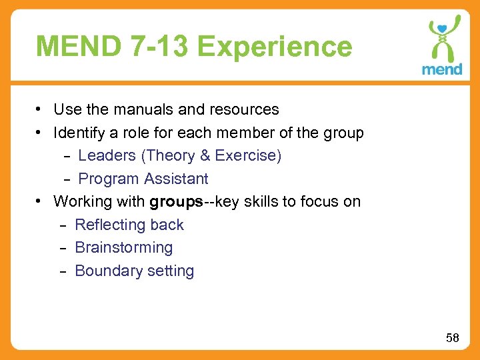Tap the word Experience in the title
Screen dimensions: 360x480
click(x=275, y=47)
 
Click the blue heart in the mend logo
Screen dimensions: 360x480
click(x=441, y=29)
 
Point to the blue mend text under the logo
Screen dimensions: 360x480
click(x=441, y=69)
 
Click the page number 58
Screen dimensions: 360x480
click(x=453, y=338)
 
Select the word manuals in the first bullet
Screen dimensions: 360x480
click(x=137, y=109)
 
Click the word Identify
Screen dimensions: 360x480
click(x=77, y=133)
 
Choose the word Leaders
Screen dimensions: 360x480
click(x=107, y=156)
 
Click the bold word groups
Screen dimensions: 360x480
click(x=176, y=202)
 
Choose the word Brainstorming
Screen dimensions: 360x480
click(x=124, y=248)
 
